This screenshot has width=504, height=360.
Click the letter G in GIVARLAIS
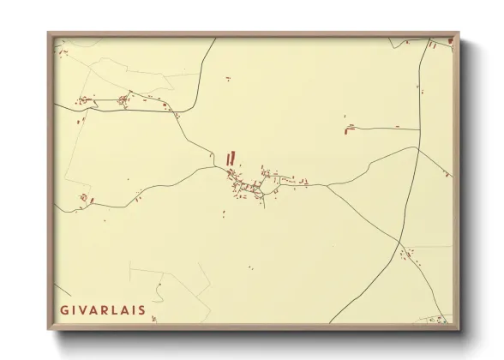64,309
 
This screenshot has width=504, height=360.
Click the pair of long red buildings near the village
229,158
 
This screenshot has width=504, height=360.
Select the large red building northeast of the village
351,129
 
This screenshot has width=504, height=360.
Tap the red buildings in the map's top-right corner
443,41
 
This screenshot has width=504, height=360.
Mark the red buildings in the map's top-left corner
61,53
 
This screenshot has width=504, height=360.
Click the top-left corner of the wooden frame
49,33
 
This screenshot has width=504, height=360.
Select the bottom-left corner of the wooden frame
49,328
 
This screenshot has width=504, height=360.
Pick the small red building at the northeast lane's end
396,126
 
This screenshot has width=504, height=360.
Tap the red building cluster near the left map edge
85,199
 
